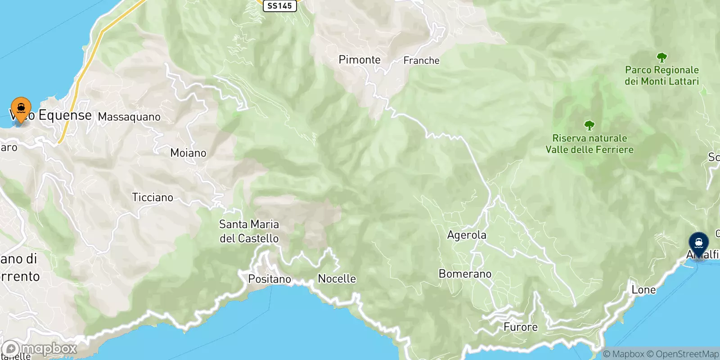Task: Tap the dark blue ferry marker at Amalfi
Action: (x=698, y=243)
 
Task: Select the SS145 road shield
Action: (x=279, y=6)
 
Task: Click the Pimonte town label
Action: (x=360, y=60)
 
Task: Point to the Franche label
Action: (x=421, y=60)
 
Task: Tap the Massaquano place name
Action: (x=129, y=117)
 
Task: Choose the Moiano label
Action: (x=188, y=153)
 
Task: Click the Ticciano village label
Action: (x=153, y=197)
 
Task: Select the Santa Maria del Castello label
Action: (x=249, y=231)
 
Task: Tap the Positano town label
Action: (x=270, y=279)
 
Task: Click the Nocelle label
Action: (x=337, y=279)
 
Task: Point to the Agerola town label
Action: (x=467, y=235)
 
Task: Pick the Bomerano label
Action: (x=465, y=274)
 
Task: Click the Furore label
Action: (x=520, y=327)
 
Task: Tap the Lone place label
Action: (x=643, y=290)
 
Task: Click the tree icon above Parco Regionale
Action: (x=661, y=58)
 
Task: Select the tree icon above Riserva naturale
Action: (x=589, y=126)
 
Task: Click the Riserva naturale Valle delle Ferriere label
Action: (x=589, y=144)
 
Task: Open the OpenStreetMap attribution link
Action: (x=687, y=354)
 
